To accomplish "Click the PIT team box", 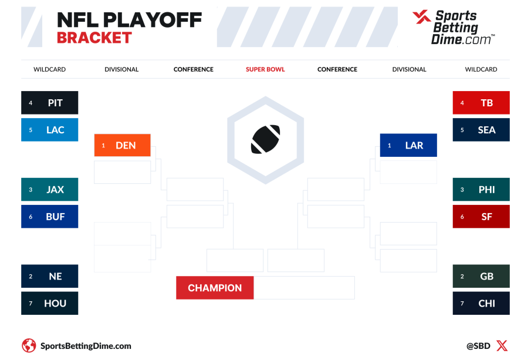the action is tap(50, 103).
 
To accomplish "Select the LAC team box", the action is tap(50, 130).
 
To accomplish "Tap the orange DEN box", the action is tap(122, 145).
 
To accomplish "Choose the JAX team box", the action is tap(50, 190).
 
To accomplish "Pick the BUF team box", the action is tap(50, 217).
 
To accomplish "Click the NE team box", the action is tap(50, 276).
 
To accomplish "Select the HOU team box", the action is tap(50, 304).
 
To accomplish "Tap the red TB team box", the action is tap(481, 103).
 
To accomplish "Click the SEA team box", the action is tap(481, 130).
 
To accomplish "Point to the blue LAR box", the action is tap(408, 145).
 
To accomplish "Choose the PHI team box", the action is tap(481, 190).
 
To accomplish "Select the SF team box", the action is tap(481, 217).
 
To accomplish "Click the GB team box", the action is tap(481, 276).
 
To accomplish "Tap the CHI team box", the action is tap(481, 304).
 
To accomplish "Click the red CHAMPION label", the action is tap(215, 288).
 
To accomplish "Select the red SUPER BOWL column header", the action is tap(265, 69).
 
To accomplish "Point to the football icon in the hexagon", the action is tap(265, 139).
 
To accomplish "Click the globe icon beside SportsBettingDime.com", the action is tap(29, 346).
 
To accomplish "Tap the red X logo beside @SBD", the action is tap(502, 346).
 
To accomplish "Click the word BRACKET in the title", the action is tap(94, 38).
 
